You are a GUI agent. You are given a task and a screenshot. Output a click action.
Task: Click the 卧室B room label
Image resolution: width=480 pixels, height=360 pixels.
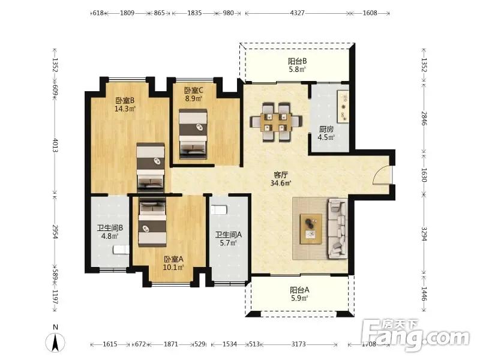pos(125,104)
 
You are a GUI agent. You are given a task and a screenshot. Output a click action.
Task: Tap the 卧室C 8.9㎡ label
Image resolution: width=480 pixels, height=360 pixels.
pos(193,94)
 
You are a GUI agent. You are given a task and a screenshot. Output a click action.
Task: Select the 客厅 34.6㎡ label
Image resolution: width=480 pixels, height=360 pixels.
pos(281,179)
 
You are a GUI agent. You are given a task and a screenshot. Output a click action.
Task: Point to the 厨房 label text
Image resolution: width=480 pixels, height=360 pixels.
pos(326,129)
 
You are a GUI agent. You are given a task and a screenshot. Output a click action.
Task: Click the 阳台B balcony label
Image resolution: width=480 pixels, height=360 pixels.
pos(298,65)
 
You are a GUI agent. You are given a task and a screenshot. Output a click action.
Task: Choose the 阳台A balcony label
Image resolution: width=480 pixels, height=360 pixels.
pos(299,294)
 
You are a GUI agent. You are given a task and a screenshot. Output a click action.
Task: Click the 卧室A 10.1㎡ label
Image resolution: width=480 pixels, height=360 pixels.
pos(173,263)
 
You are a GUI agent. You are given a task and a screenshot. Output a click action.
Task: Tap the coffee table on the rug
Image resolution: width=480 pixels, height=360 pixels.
pos(311,229)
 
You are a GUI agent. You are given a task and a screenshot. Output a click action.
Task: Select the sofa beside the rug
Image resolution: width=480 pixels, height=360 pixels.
pos(338,229)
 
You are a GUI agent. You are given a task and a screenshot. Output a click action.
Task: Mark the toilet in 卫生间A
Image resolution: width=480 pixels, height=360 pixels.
pos(218,209)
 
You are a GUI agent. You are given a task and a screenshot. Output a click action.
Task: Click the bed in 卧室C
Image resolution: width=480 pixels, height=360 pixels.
pos(193,134)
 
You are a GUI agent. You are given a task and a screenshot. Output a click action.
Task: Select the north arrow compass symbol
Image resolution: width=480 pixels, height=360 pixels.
pos(55,342)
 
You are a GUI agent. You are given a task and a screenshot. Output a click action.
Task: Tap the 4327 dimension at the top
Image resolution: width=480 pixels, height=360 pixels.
pos(297,13)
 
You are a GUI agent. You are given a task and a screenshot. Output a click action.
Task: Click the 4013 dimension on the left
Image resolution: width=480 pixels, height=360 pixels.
pos(55,145)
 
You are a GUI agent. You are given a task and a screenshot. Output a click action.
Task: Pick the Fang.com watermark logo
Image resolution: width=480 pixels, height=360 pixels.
pos(415,335)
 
